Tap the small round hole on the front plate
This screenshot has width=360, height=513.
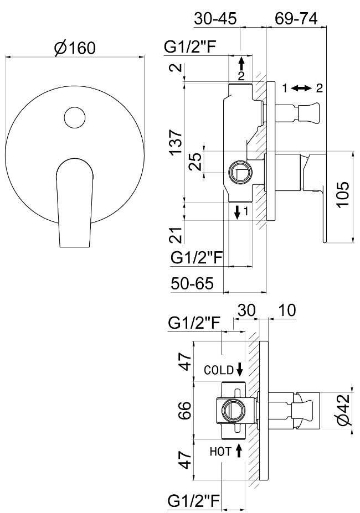tap(74, 117)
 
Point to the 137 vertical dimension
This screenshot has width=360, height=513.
tap(176, 143)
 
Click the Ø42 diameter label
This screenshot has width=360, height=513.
tap(343, 411)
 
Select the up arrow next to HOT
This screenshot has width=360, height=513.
tap(239, 450)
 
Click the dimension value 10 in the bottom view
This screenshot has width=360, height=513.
tap(286, 310)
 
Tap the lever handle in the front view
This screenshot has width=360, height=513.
tap(74, 202)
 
